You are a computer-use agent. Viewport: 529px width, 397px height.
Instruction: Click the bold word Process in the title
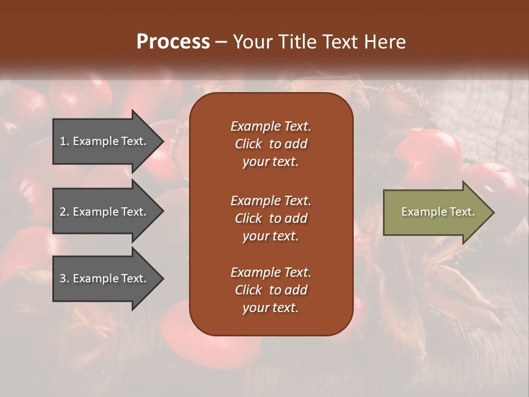click(173, 42)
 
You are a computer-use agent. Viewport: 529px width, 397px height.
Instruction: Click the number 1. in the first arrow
click(64, 141)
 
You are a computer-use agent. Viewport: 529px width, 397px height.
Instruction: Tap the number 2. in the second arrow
click(64, 212)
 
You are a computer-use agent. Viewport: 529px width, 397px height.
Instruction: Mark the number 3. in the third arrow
click(64, 278)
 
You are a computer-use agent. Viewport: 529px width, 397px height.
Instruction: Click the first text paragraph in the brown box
click(271, 144)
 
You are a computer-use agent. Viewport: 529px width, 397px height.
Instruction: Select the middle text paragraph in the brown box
click(271, 218)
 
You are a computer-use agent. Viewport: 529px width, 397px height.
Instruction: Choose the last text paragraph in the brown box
click(271, 290)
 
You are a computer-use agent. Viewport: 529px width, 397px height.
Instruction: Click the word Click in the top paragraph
click(249, 144)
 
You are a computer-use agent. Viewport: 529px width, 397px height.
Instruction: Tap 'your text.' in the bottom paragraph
click(271, 308)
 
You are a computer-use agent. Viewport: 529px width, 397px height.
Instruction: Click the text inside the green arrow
click(438, 212)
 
